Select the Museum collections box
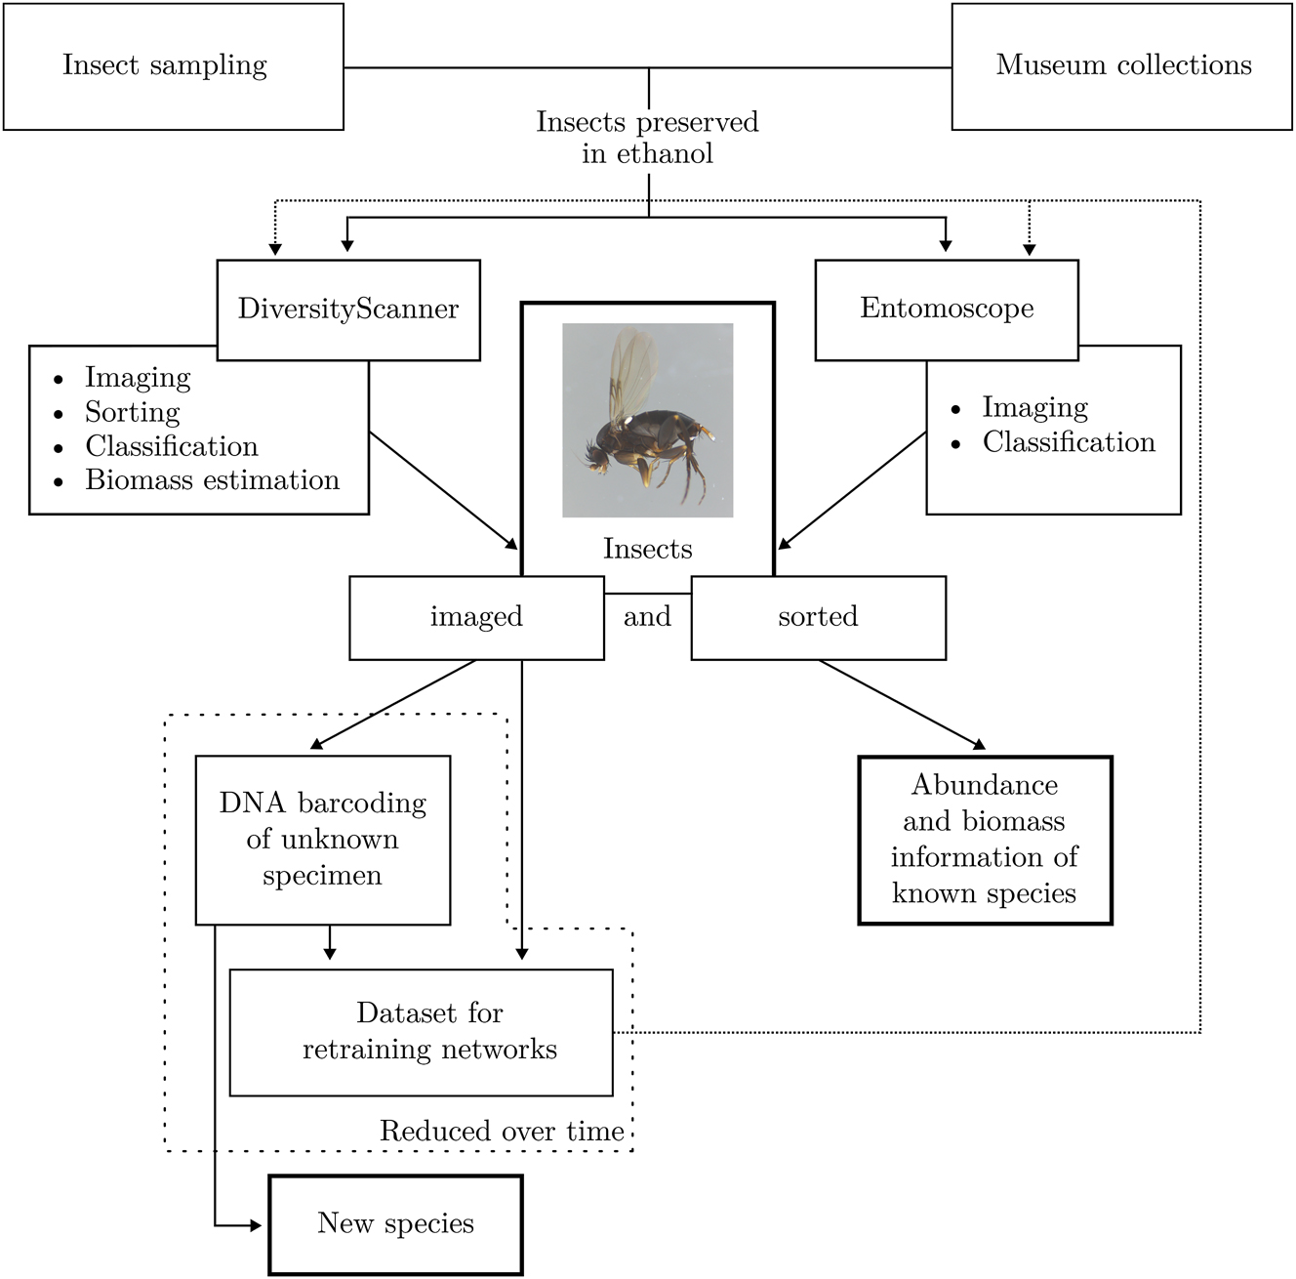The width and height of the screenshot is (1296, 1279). pos(1121,66)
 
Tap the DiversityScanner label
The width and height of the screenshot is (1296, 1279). pos(348,309)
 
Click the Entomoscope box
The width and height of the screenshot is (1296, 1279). pos(946,309)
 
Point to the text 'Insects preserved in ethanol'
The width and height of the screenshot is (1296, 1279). pos(647,138)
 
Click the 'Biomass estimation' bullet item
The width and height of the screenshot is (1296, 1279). pos(212,480)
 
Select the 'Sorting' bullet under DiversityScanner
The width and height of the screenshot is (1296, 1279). pos(133,412)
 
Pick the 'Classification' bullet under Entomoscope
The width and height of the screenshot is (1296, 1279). pos(1068,442)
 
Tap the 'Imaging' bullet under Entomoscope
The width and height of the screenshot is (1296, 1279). pos(1034,407)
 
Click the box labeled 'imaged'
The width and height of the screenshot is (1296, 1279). pos(476,617)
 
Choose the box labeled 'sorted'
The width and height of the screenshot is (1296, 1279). pos(818,617)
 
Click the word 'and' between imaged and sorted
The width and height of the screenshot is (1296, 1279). pos(647,617)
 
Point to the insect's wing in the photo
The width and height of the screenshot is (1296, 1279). pos(632,371)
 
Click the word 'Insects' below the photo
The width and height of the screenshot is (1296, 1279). pos(647,549)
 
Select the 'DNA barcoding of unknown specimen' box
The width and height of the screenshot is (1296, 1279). pos(322,840)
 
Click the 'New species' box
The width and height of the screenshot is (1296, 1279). pos(395,1224)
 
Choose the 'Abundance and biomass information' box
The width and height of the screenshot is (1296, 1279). pos(985,840)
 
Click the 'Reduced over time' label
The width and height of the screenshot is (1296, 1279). pos(502,1132)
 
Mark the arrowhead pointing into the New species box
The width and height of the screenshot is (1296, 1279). pos(257,1225)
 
